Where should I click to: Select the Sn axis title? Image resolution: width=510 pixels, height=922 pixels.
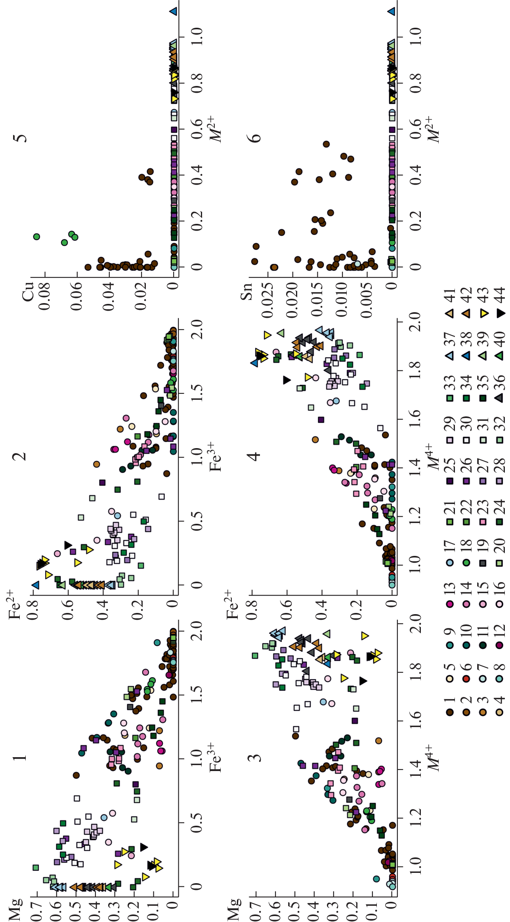[246, 292]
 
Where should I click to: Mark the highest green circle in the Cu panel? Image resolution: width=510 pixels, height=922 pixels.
[36, 237]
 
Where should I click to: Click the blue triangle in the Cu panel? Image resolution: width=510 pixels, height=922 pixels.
[173, 11]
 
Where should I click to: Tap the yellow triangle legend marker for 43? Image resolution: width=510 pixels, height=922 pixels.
[484, 313]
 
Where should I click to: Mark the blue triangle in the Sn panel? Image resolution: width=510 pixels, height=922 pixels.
[391, 11]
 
